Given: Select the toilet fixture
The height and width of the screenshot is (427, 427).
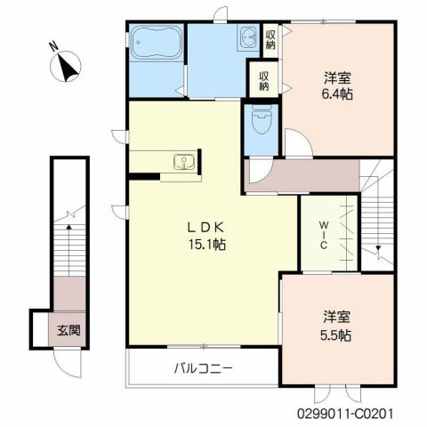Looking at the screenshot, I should [262, 118].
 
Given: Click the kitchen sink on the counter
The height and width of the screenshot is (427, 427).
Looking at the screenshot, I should [183, 162].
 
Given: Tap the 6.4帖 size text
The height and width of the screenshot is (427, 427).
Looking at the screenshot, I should [338, 93].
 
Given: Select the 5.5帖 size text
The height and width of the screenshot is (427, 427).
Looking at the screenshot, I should [337, 335].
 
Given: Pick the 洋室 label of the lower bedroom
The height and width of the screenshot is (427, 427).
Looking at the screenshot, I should [337, 318].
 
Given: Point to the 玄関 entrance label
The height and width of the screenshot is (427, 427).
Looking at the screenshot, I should [69, 330].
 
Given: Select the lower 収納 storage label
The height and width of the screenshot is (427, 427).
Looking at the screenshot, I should [263, 82].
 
